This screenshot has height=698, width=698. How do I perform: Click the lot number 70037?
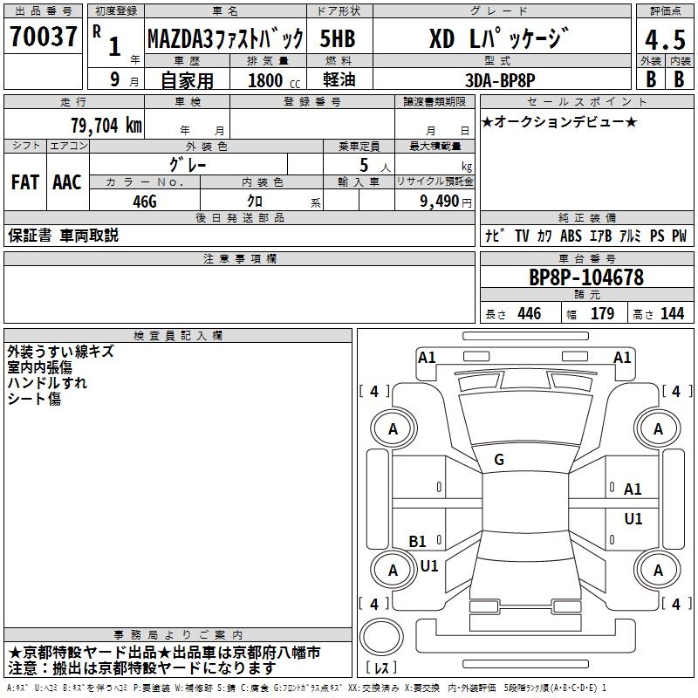click(x=43, y=36)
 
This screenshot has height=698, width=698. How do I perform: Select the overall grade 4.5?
click(x=665, y=39)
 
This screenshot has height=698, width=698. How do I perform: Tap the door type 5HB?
click(x=338, y=38)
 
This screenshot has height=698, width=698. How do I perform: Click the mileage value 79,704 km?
click(x=106, y=125)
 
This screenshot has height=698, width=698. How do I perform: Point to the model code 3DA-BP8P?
click(x=500, y=80)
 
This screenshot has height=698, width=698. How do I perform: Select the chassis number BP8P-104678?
click(x=585, y=277)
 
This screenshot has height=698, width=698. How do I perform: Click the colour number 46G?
click(x=145, y=202)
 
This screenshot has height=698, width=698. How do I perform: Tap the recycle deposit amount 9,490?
click(x=440, y=201)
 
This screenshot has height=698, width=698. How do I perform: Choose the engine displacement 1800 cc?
click(x=274, y=80)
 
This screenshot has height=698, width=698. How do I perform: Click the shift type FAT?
click(x=25, y=182)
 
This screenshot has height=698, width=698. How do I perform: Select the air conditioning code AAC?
click(x=67, y=182)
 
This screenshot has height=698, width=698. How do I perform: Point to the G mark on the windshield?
click(x=499, y=460)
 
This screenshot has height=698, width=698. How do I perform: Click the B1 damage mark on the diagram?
click(x=417, y=541)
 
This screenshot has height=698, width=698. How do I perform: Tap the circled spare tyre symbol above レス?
click(x=381, y=636)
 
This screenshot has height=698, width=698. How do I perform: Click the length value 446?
click(x=530, y=313)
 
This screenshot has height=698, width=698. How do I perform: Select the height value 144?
click(x=672, y=313)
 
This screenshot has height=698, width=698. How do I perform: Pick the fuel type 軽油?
click(x=339, y=79)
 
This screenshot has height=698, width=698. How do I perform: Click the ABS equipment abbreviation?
click(x=571, y=236)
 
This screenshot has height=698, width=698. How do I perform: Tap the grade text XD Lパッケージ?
click(x=499, y=38)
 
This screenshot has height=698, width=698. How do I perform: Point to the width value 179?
click(x=602, y=313)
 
